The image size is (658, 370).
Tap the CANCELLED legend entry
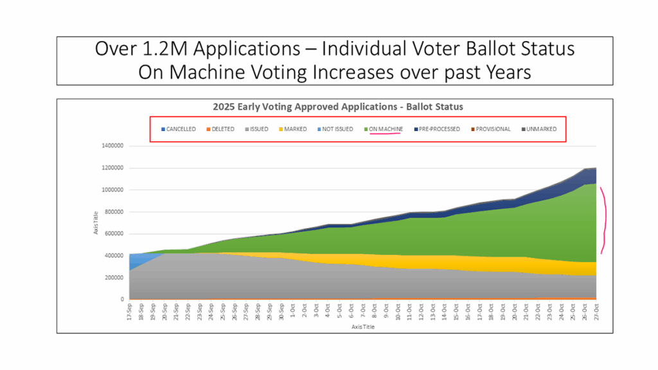(178, 129)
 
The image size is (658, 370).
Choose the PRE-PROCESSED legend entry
(437, 129)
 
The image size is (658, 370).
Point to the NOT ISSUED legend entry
(334, 129)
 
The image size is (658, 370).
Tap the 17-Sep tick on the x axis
(131, 311)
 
